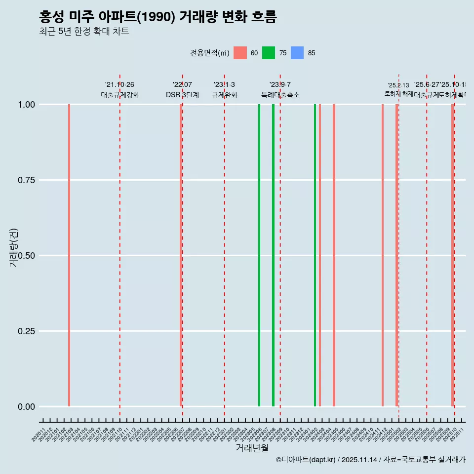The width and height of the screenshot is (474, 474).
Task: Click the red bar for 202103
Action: [69, 255]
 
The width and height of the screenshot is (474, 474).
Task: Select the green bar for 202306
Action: [259, 255]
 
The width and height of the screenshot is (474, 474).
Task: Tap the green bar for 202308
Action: [273, 255]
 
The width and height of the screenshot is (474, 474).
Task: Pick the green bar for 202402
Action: [315, 255]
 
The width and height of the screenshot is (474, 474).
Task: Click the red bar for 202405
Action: [334, 255]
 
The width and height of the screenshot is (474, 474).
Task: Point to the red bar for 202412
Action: [383, 255]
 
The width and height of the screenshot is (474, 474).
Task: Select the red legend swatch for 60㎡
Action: [240, 53]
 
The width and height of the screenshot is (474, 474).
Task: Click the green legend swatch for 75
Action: [269, 53]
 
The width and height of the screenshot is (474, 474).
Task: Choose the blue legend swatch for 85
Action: [297, 53]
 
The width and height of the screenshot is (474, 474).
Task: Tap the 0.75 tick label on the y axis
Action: [26, 180]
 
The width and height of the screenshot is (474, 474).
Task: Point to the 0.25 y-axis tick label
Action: [26, 331]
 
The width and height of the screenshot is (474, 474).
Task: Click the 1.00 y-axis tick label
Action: [26, 105]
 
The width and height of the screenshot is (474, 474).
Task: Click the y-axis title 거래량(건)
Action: [14, 248]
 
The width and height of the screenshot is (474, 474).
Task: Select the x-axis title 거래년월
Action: [252, 448]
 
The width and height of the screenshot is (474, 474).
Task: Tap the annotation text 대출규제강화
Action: [120, 95]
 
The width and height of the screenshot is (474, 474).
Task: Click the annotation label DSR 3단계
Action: [182, 95]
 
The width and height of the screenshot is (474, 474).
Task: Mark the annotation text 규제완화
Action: [225, 95]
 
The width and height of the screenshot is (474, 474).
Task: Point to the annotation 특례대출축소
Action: [280, 95]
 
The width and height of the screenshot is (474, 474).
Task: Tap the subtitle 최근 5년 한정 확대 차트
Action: [84, 32]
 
